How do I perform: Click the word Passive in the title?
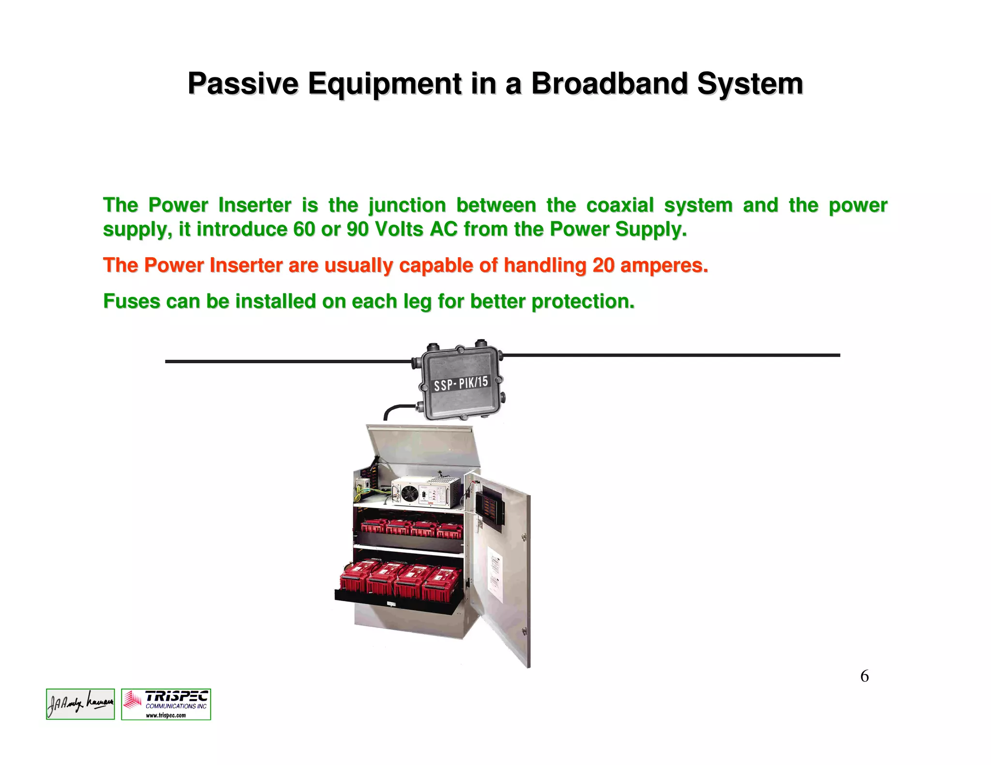(x=242, y=84)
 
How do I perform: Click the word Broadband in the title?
(x=609, y=84)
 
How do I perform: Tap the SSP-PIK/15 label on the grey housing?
(x=461, y=383)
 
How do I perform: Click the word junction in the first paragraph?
(x=406, y=206)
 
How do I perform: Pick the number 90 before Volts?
(x=358, y=229)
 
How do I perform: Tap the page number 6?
(x=864, y=676)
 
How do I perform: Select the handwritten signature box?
(x=80, y=704)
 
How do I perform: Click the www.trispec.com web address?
(x=166, y=715)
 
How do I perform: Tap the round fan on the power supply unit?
(x=410, y=494)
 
